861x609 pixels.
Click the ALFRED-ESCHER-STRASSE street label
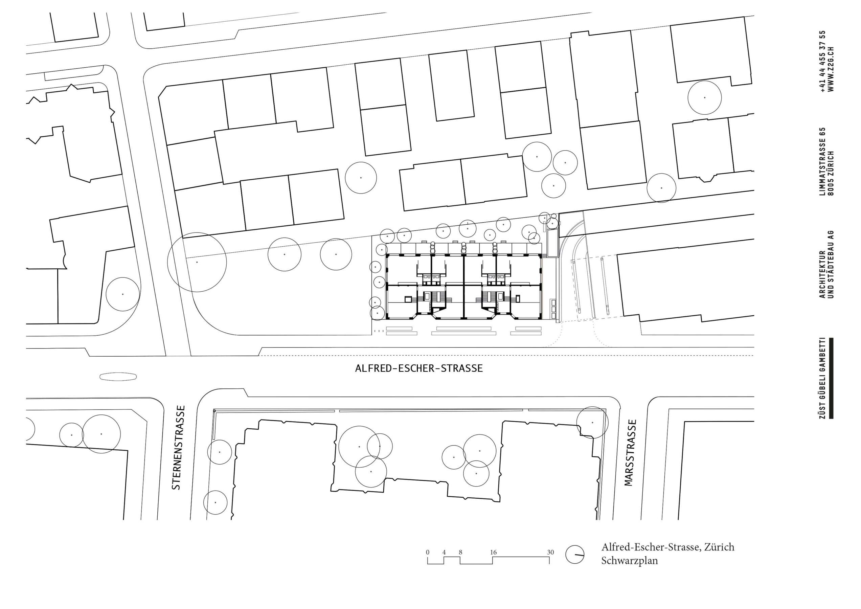419,368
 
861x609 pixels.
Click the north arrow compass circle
575,554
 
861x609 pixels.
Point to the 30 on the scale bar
550,552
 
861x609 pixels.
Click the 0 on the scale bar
428,552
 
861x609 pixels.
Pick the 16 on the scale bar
493,552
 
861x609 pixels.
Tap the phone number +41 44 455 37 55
822,62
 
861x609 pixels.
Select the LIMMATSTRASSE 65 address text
822,162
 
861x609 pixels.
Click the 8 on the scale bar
460,552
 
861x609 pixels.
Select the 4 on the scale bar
444,552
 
